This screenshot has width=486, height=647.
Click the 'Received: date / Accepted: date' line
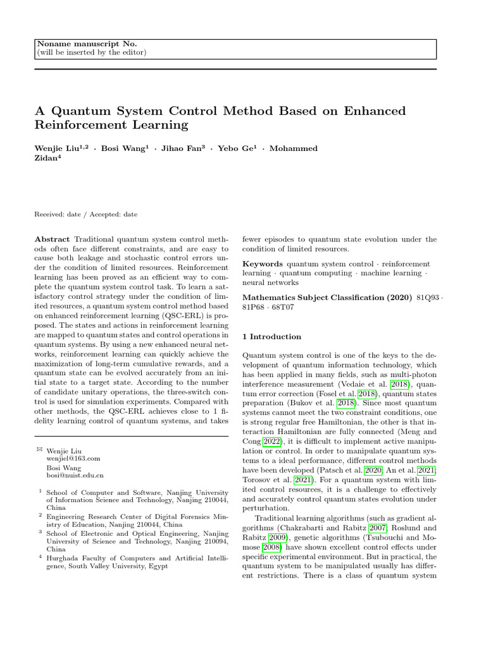click(86, 214)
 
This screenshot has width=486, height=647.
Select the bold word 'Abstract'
click(53, 239)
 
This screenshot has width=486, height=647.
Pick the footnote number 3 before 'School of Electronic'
click(40, 533)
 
